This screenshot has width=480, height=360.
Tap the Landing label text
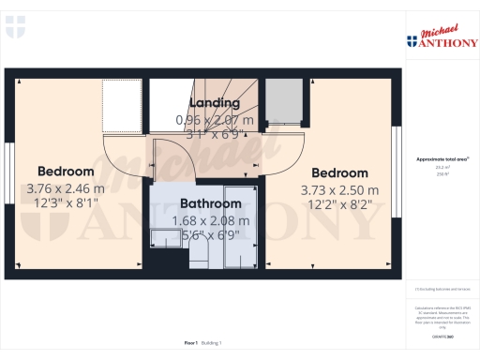point(216,102)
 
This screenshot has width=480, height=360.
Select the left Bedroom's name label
point(66,172)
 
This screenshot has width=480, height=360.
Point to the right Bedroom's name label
point(339,173)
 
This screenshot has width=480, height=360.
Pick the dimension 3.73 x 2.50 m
point(340,188)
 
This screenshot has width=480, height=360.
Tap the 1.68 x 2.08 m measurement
point(212,221)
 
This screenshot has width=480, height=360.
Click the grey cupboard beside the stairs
point(284,101)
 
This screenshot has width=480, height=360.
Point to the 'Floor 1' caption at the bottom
point(192,344)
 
